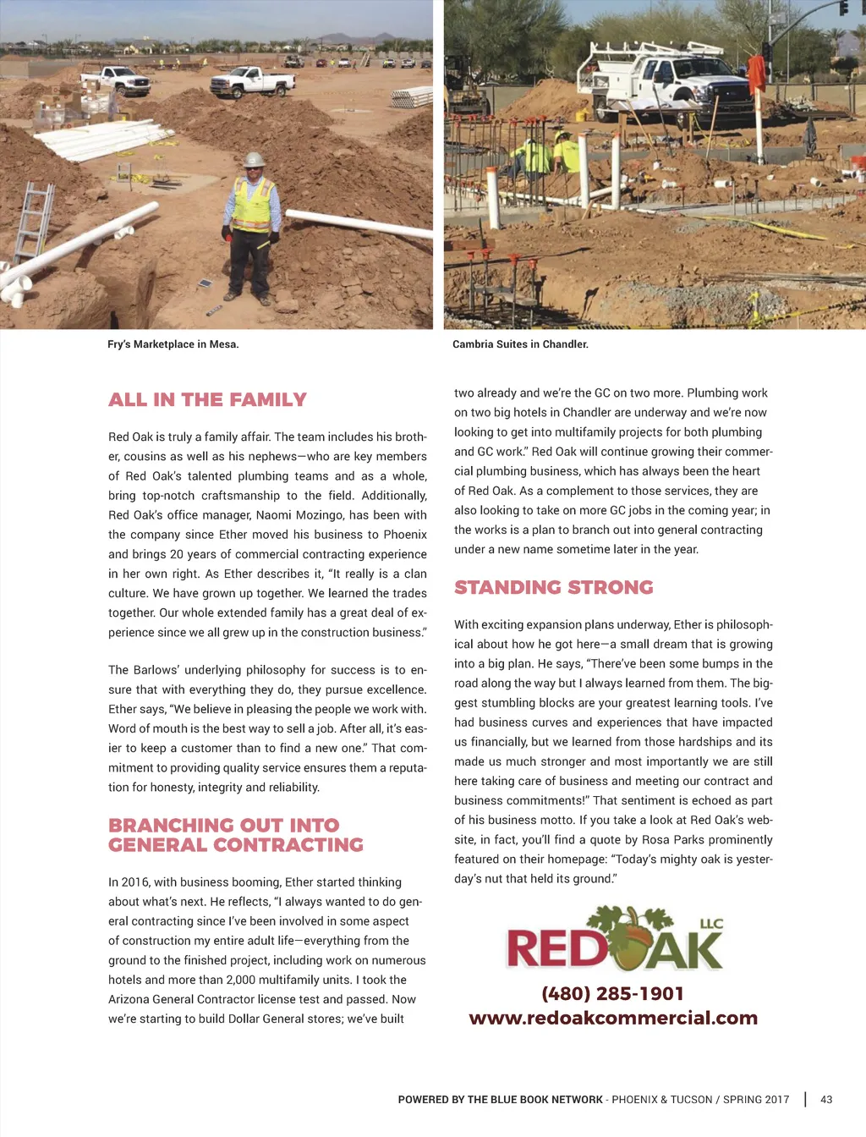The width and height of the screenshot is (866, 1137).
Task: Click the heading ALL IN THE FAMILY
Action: click(x=207, y=399)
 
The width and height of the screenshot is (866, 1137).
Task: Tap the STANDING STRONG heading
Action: click(x=553, y=587)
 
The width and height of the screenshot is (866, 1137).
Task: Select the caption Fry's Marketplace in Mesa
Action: click(x=173, y=344)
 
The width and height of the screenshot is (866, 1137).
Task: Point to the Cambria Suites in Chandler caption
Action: click(x=520, y=344)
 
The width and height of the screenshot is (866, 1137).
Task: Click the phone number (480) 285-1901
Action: click(x=612, y=994)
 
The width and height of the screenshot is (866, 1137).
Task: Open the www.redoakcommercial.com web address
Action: click(x=613, y=1019)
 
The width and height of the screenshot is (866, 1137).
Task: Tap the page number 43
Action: click(x=826, y=1100)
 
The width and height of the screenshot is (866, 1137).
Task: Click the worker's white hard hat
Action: click(x=253, y=159)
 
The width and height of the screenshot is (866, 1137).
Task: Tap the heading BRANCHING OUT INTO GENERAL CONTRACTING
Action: click(x=235, y=835)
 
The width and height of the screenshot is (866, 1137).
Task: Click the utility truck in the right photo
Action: click(x=668, y=85)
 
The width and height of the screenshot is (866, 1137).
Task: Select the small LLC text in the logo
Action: click(x=711, y=923)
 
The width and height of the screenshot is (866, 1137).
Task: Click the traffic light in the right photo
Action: click(x=843, y=8)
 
